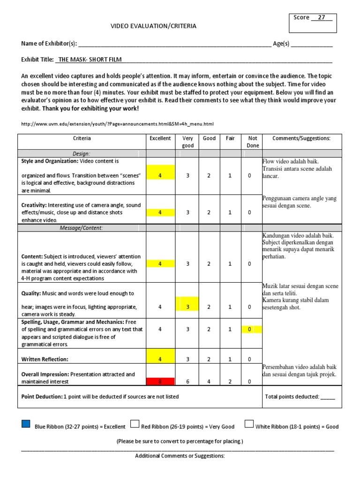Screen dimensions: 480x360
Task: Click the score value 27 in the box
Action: [x=322, y=18]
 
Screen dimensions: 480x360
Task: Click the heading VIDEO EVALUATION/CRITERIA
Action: [x=153, y=26]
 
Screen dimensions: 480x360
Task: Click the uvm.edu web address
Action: [x=118, y=124]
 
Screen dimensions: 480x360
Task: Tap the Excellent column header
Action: [x=160, y=138]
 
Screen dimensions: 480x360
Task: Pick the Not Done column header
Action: [x=252, y=142]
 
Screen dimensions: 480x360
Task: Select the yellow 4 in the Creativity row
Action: [x=160, y=212]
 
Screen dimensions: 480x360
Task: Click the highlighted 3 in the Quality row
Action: [x=187, y=307]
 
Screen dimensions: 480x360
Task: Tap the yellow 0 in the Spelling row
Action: [x=250, y=330]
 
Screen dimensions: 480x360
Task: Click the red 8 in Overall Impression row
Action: [x=160, y=382]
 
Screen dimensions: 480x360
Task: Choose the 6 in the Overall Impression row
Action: [x=187, y=382]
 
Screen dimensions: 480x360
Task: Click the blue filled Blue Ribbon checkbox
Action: [x=26, y=424]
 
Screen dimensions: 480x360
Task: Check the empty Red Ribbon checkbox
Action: [x=135, y=424]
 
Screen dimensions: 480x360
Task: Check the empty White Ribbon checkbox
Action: [x=249, y=424]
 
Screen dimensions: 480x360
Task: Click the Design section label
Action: [x=82, y=153]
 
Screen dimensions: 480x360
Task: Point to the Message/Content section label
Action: [x=82, y=228]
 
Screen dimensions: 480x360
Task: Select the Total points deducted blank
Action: [x=328, y=397]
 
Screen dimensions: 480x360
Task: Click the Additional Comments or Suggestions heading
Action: [x=180, y=456]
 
